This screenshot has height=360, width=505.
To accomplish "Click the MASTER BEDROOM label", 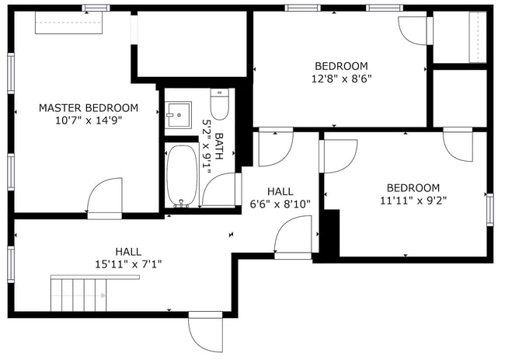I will tap(89, 107).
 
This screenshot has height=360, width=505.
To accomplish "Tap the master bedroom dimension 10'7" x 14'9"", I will tap(89, 120).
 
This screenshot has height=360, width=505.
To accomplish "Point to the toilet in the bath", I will tap(219, 104).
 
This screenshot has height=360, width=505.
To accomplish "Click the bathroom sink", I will tap(179, 115).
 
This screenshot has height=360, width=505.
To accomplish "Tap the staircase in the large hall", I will tap(78, 293).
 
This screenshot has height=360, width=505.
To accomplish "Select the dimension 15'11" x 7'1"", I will tap(128, 264).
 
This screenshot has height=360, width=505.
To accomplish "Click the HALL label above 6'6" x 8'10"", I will tap(280, 191).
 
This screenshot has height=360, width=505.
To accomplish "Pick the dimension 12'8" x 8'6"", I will tap(341, 78).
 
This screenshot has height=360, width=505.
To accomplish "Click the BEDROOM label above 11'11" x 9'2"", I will tap(413, 187).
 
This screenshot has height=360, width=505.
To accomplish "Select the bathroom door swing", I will tap(221, 189).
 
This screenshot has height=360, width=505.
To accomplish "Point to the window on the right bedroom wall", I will tap(489, 209).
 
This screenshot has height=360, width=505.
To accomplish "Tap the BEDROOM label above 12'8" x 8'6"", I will tap(341, 65).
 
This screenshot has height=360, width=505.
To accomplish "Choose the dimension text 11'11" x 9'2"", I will tap(413, 200).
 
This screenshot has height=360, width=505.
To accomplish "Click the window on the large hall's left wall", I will tap(11, 264).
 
